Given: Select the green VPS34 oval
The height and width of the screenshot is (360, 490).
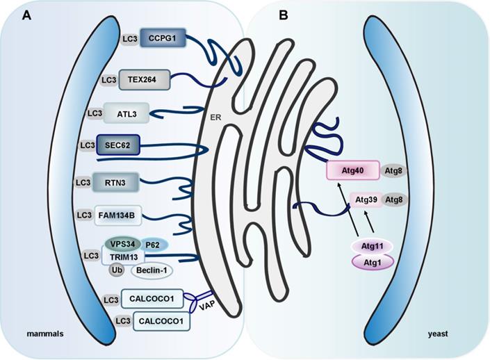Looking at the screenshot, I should [x=122, y=244].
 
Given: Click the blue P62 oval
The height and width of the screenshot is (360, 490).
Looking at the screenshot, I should [x=153, y=245].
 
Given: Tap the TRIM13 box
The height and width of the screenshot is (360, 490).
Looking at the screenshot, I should [x=122, y=257].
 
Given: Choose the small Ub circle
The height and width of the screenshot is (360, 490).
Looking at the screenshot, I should [x=117, y=270].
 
